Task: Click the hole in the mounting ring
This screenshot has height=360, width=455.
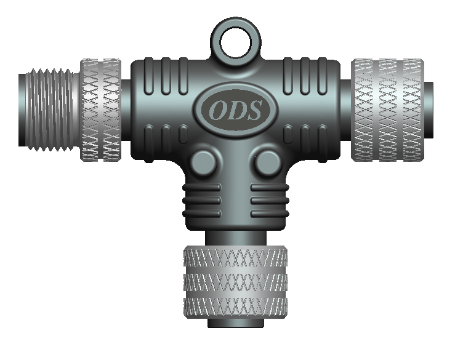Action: [235, 42]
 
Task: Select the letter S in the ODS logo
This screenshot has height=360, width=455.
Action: [253, 110]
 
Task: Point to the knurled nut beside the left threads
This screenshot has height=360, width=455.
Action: [101, 110]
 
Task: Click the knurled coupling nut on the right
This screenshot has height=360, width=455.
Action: [387, 110]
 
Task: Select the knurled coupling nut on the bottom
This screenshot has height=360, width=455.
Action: [235, 282]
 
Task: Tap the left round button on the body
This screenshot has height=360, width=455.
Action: [203, 162]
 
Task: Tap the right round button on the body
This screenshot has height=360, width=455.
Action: [268, 162]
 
